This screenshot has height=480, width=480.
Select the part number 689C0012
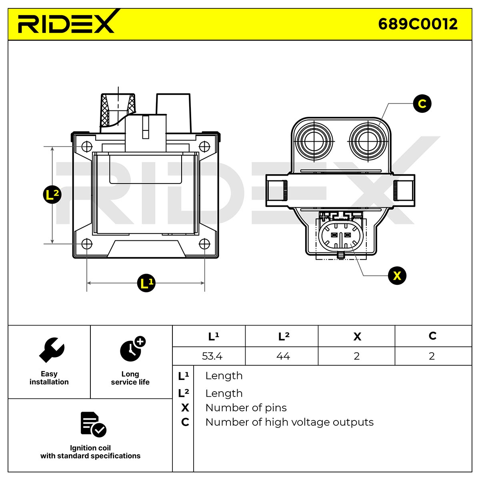click(418, 24)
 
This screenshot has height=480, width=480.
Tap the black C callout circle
click(422, 103)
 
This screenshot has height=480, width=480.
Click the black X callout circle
click(397, 276)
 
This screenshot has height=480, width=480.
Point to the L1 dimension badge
click(146, 283)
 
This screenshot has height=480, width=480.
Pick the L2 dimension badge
click(52, 194)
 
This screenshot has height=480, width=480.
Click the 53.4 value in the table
click(212, 356)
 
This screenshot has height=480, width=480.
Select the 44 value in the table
click(283, 356)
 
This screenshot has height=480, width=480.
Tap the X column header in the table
click(357, 336)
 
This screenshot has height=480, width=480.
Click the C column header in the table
click(432, 336)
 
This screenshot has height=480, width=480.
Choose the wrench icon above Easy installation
click(52, 350)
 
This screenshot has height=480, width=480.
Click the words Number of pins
click(246, 408)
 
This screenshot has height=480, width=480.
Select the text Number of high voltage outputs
click(290, 422)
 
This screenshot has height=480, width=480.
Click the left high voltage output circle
click(314, 141)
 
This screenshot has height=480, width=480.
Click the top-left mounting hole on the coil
click(87, 146)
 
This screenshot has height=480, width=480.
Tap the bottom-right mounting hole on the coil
click(204, 244)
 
